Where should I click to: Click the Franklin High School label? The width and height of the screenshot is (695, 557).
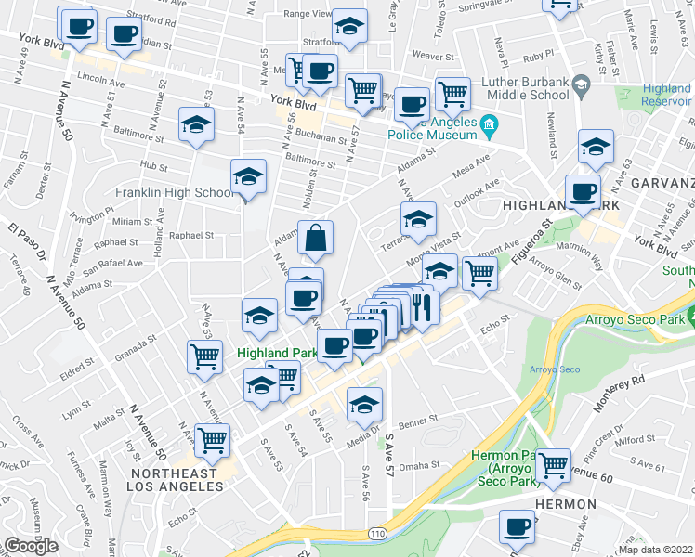click(175, 193)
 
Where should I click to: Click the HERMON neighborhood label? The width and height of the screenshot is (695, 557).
click(565, 503)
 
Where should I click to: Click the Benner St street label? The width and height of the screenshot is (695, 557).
click(419, 421)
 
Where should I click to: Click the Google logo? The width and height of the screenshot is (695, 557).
click(31, 546)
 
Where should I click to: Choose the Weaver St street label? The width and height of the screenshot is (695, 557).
click(432, 56)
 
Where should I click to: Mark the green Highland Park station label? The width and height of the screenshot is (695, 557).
click(278, 353)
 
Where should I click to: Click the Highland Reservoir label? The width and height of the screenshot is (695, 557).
click(666, 96)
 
